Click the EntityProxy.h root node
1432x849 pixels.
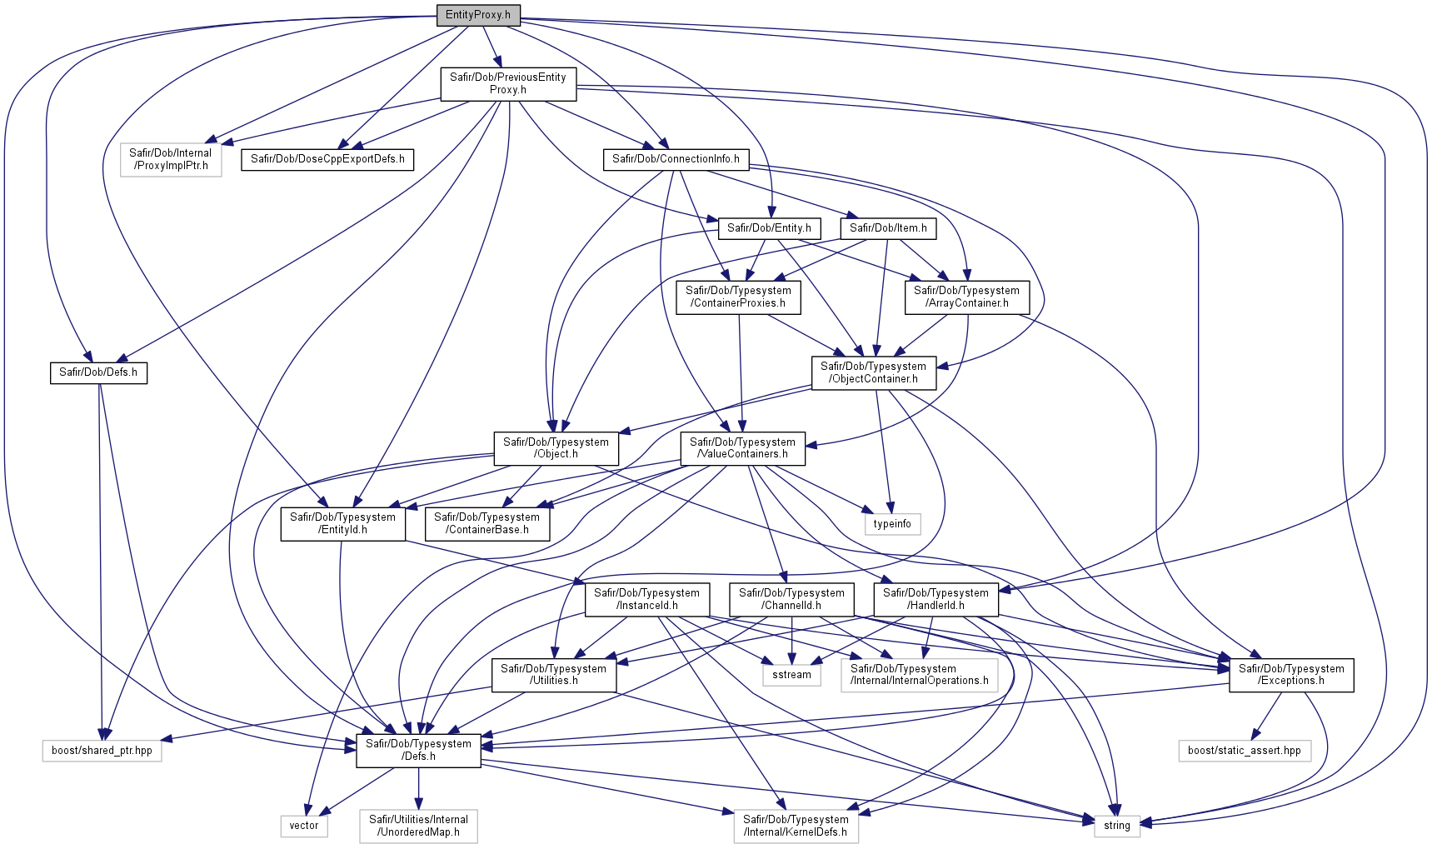click(478, 15)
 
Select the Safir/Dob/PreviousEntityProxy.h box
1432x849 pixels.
click(508, 83)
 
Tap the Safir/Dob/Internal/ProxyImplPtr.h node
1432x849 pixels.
click(171, 159)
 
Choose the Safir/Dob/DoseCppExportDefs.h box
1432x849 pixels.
click(327, 159)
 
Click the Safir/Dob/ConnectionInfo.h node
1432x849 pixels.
click(676, 159)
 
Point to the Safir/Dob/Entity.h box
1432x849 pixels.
click(769, 228)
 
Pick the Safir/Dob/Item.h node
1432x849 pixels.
click(888, 228)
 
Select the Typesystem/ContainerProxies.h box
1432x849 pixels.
click(738, 297)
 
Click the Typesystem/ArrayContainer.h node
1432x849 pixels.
click(966, 297)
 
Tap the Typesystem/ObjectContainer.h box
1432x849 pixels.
click(873, 372)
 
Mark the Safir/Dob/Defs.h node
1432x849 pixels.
click(98, 372)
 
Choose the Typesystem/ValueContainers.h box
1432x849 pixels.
click(742, 448)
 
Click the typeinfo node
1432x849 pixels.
click(892, 524)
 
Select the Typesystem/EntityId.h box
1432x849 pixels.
click(342, 524)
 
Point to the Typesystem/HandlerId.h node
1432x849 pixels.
click(936, 600)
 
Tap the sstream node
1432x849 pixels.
click(791, 675)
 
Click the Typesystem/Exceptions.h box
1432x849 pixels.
click(1291, 675)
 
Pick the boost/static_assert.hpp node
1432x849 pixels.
click(1244, 751)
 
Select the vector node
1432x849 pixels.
click(304, 826)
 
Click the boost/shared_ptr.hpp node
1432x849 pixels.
click(102, 751)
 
